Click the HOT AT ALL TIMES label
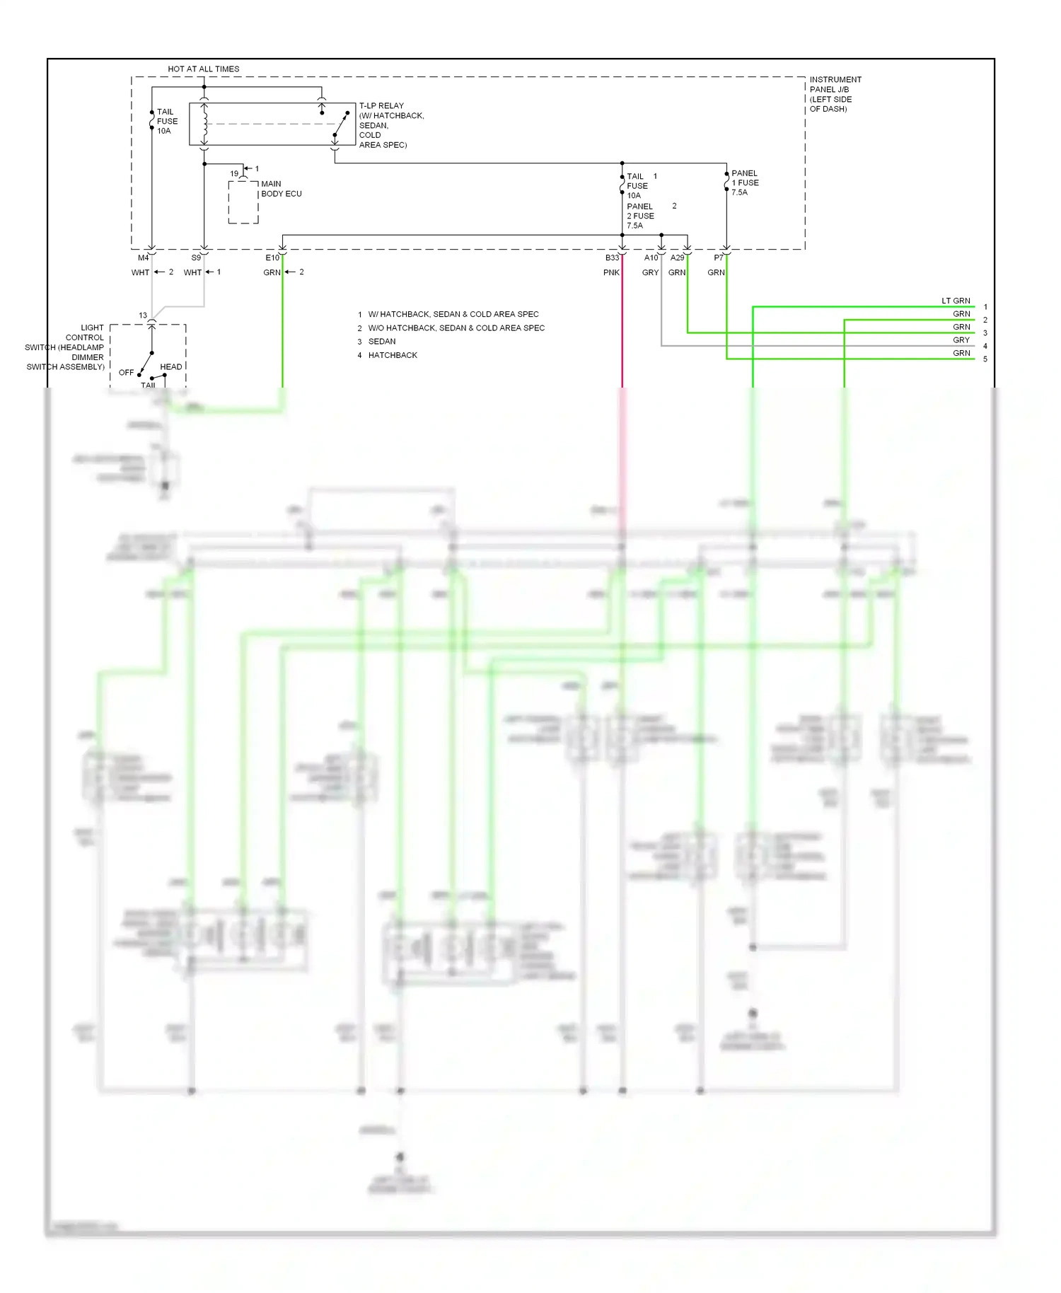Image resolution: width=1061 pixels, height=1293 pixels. tap(203, 69)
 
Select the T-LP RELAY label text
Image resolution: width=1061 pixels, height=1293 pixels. tap(381, 105)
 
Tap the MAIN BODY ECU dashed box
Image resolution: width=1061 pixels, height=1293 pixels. tap(243, 202)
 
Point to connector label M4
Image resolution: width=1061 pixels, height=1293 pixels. tap(143, 257)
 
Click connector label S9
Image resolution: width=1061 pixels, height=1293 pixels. tap(196, 257)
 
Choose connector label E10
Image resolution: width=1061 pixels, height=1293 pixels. tap(272, 257)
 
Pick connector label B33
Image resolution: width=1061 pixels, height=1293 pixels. tap(612, 257)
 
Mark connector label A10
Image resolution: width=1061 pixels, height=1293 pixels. tap(651, 257)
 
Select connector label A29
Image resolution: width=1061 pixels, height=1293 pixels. tap(677, 257)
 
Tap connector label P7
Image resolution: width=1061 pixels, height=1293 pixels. tap(718, 257)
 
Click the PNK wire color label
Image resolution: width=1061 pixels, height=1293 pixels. tap(611, 272)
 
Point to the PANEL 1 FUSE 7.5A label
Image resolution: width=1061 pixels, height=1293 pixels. tap(745, 182)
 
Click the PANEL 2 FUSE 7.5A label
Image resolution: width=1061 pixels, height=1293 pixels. tap(640, 216)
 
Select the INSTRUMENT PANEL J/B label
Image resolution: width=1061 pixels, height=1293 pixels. tap(835, 93)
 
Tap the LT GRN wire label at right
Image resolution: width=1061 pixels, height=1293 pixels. tap(956, 301)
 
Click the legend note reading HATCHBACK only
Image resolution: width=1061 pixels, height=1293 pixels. tap(393, 355)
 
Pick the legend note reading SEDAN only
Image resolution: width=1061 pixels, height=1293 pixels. tap(382, 341)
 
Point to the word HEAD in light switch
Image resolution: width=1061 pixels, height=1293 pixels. tap(170, 366)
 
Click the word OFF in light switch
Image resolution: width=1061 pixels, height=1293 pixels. tap(126, 372)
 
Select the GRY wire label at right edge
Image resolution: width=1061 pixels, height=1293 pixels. tap(961, 340)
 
